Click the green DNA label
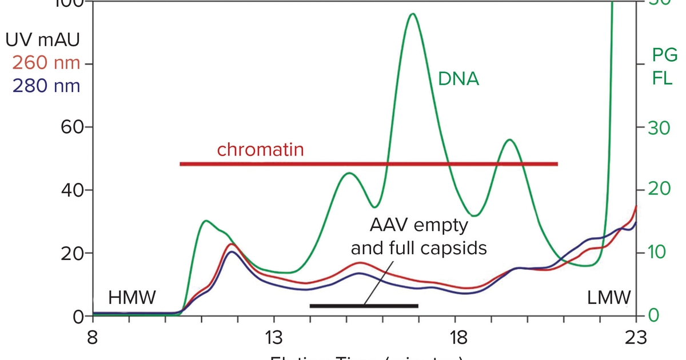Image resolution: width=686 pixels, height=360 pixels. point(458,79)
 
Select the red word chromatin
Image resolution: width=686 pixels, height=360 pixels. point(260,150)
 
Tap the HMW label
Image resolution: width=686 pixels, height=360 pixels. point(132,297)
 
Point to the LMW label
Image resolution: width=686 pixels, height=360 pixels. point(609,297)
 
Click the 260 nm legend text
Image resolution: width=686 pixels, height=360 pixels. point(46,63)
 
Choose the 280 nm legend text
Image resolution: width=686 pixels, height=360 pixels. point(46,86)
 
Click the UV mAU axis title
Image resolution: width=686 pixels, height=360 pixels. point(42,40)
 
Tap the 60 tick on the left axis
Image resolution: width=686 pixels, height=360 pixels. point(69,127)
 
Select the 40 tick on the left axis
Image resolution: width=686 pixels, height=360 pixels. point(69,190)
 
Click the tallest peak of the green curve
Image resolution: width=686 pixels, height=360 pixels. point(413,14)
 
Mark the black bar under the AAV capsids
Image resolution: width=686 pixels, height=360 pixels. point(364,306)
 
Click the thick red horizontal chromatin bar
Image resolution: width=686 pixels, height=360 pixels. point(369,164)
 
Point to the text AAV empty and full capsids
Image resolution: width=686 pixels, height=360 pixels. point(418,237)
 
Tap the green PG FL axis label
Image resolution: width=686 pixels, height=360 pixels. point(664,66)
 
